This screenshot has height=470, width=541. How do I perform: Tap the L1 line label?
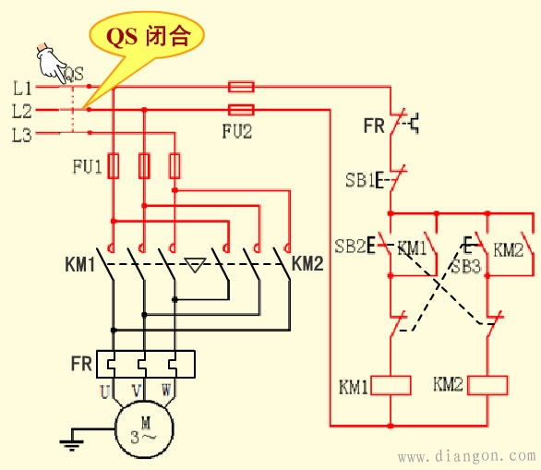click(22, 88)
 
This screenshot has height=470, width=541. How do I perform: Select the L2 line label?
click(22, 111)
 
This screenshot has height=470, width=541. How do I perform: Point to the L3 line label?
click(22, 135)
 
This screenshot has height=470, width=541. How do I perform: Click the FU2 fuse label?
click(237, 130)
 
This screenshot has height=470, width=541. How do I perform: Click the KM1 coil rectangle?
click(391, 384)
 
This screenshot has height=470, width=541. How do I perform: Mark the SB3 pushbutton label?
click(465, 266)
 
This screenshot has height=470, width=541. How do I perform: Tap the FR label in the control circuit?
click(373, 125)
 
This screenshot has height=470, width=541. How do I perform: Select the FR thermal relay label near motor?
click(81, 364)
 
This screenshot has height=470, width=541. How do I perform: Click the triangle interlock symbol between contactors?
click(194, 267)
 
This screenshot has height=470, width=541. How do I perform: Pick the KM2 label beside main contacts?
click(307, 264)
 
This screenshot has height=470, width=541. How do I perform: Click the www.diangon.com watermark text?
click(465, 456)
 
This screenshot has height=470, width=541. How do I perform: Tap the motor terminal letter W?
click(167, 392)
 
